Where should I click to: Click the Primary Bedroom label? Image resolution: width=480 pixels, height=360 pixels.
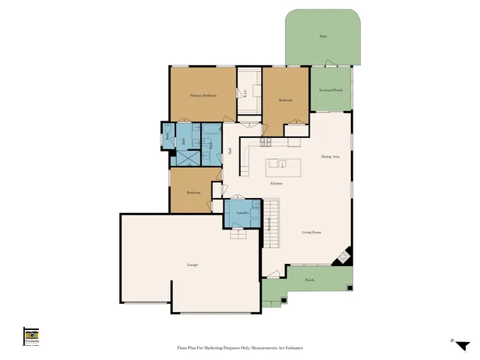click(203, 96)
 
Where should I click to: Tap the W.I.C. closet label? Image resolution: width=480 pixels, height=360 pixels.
click(244, 93)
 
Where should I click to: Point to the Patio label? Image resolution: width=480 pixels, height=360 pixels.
click(323, 36)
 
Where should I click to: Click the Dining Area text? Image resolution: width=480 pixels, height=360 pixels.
click(331, 156)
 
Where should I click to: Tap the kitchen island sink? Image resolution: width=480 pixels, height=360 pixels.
click(282, 163)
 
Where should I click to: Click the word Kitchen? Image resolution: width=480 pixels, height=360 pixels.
click(276, 183)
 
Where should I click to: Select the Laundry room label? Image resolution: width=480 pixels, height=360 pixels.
click(241, 212)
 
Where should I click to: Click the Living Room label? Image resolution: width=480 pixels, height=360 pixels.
click(311, 233)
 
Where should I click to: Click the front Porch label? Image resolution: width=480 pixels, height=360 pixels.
click(309, 280)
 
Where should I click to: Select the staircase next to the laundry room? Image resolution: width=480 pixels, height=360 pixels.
click(271, 223)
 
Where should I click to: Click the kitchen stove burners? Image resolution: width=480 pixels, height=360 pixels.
click(265, 142)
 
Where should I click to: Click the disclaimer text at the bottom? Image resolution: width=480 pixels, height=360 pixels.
click(239, 348)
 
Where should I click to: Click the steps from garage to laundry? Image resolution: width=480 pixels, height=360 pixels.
click(241, 233)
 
